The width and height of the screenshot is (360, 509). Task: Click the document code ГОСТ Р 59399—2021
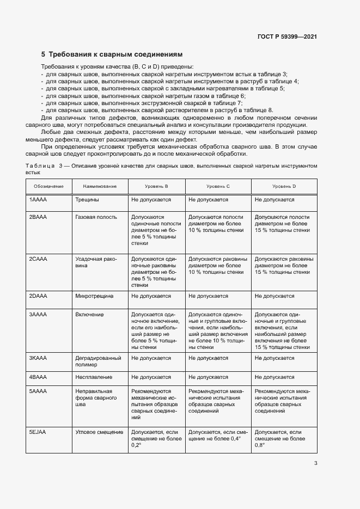click(286, 36)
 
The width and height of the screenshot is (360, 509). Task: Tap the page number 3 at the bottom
click(316, 463)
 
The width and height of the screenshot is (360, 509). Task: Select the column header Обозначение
click(48, 186)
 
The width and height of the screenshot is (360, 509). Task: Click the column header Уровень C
click(217, 186)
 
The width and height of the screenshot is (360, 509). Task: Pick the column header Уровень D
click(284, 186)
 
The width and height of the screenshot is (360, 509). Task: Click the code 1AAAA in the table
click(38, 200)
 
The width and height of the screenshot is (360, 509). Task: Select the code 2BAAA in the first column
click(38, 217)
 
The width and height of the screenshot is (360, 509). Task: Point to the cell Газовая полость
click(96, 217)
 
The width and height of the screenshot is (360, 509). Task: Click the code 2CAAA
click(38, 259)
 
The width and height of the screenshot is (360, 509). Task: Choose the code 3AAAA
click(38, 314)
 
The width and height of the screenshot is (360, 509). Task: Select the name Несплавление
click(94, 377)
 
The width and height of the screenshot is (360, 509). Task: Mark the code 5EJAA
click(38, 432)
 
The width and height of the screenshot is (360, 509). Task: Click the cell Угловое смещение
click(99, 432)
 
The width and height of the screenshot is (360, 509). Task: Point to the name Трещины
click(87, 200)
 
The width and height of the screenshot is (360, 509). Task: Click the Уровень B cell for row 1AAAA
click(151, 200)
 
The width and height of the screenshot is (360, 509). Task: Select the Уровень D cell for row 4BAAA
click(274, 377)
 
